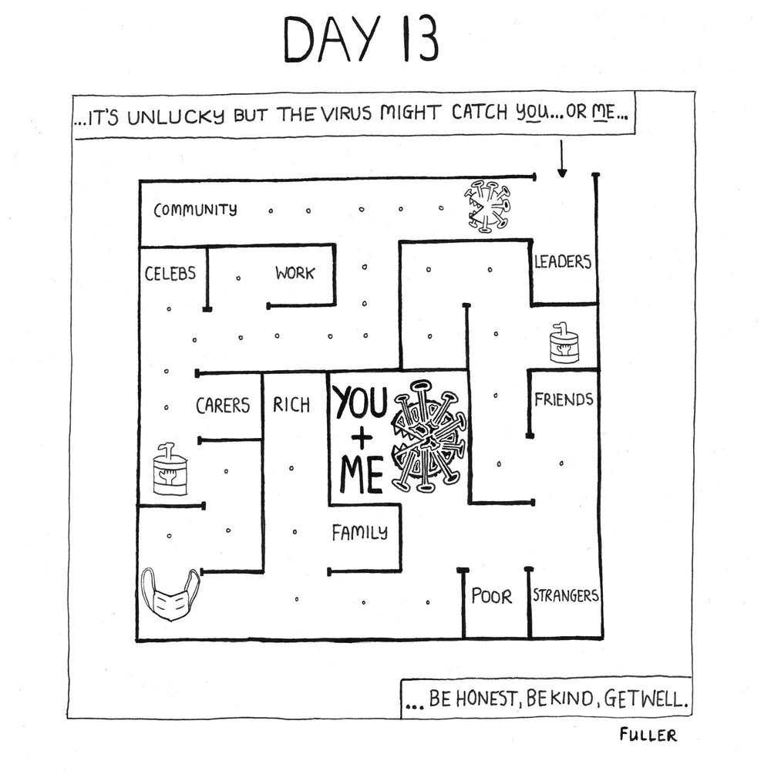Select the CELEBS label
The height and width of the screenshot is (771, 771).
coord(170,273)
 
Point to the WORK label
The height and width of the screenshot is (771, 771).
coord(295,273)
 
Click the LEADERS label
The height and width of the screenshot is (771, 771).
coord(563,261)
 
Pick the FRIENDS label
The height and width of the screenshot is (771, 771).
coord(564,399)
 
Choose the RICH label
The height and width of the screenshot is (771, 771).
coord(291,403)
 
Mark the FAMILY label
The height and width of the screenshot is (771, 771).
coord(360,532)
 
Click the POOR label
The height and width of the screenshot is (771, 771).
coord(491,597)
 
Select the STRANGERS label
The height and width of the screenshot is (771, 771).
coord(565,596)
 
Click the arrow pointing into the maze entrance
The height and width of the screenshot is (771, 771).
coord(561,159)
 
